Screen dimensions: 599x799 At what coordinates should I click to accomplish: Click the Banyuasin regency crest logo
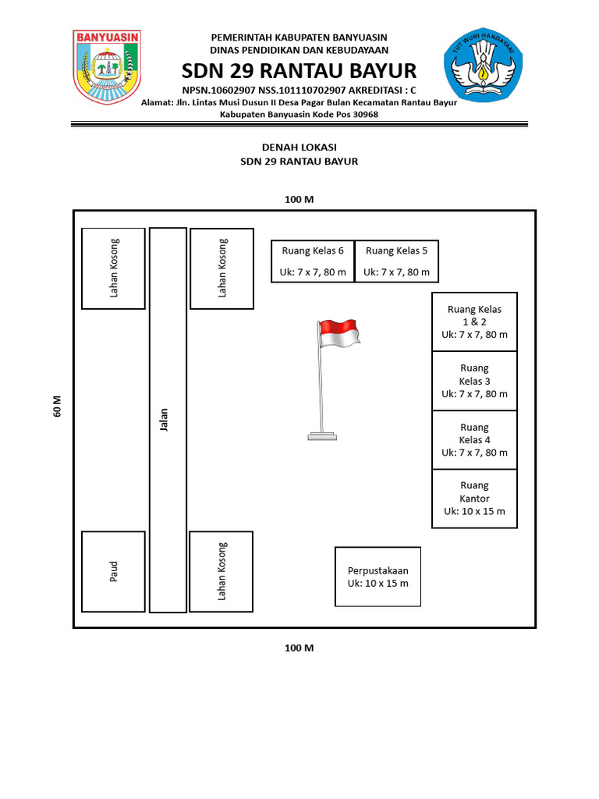(107, 68)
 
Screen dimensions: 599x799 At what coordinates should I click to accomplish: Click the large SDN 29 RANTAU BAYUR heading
(299, 71)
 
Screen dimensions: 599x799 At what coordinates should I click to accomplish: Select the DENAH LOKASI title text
(299, 147)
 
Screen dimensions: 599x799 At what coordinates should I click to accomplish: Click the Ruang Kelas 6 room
(312, 261)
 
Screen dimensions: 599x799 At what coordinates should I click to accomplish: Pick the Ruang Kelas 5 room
(397, 261)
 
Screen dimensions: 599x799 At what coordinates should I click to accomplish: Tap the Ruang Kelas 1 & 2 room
(474, 321)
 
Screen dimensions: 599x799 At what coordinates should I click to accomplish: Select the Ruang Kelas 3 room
(474, 381)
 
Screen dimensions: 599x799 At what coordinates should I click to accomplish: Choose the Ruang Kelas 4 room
(474, 439)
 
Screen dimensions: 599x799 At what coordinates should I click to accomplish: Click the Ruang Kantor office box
(474, 499)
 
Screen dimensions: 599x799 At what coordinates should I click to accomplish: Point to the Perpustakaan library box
(377, 577)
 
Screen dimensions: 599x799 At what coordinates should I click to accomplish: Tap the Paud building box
(113, 572)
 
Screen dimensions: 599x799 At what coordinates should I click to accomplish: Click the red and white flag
(339, 333)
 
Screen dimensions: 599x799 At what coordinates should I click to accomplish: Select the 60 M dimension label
(57, 406)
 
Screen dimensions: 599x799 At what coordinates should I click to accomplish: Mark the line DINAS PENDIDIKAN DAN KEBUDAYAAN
(299, 49)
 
